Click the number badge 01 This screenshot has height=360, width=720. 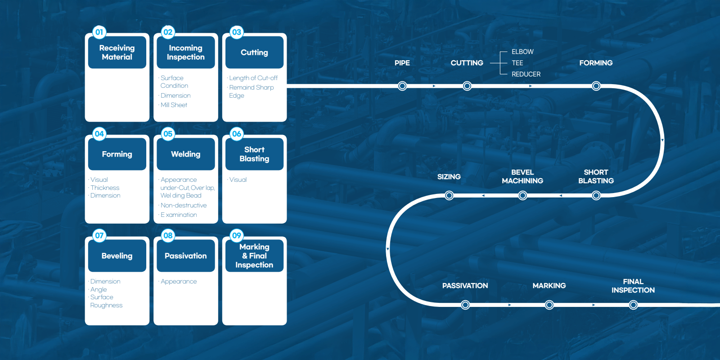99,32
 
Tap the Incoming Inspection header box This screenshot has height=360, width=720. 186,52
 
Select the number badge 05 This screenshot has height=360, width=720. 168,134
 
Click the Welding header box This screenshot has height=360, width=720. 186,154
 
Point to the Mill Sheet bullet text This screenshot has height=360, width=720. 174,105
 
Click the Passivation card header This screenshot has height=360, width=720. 186,256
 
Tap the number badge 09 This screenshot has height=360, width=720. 237,236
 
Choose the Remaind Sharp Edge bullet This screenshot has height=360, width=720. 251,92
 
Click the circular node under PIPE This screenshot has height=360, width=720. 402,86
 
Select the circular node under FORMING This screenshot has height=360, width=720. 596,86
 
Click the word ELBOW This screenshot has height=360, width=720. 522,52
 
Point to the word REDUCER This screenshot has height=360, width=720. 526,74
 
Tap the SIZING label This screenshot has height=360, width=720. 449,177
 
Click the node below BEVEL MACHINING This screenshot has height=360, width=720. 522,195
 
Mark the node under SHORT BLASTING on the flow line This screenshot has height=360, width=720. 596,195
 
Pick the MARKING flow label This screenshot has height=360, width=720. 549,286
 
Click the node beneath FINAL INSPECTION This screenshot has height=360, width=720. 633,305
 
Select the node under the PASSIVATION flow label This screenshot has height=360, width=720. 465,305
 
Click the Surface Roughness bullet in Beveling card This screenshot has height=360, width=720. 106,301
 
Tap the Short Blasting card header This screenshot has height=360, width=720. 255,154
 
